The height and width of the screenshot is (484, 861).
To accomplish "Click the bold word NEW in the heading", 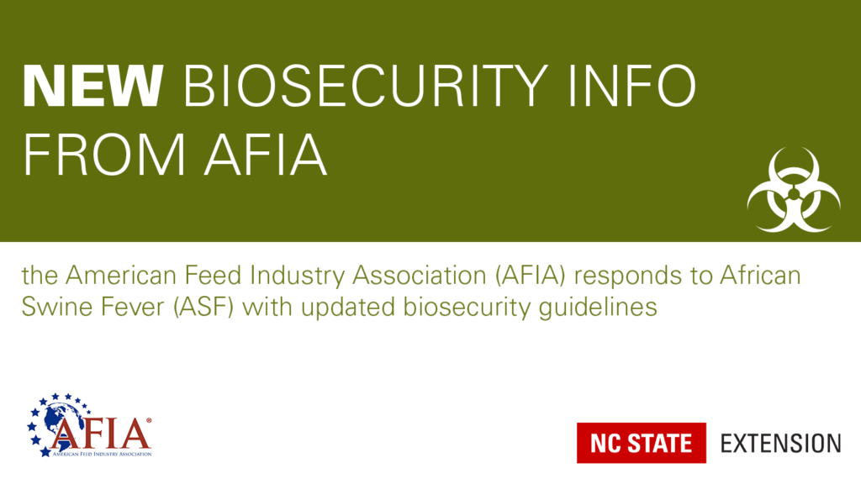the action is pyautogui.click(x=92, y=86).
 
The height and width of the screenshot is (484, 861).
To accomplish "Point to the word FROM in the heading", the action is pyautogui.click(x=103, y=155).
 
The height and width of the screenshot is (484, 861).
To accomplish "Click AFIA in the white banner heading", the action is pyautogui.click(x=266, y=155).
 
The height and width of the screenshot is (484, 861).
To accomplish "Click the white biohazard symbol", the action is pyautogui.click(x=794, y=189).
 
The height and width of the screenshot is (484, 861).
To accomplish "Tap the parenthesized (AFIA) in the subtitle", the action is pyautogui.click(x=530, y=276).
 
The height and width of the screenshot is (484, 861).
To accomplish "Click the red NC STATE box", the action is pyautogui.click(x=642, y=443).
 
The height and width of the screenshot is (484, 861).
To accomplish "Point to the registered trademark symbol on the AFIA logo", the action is pyautogui.click(x=148, y=421).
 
